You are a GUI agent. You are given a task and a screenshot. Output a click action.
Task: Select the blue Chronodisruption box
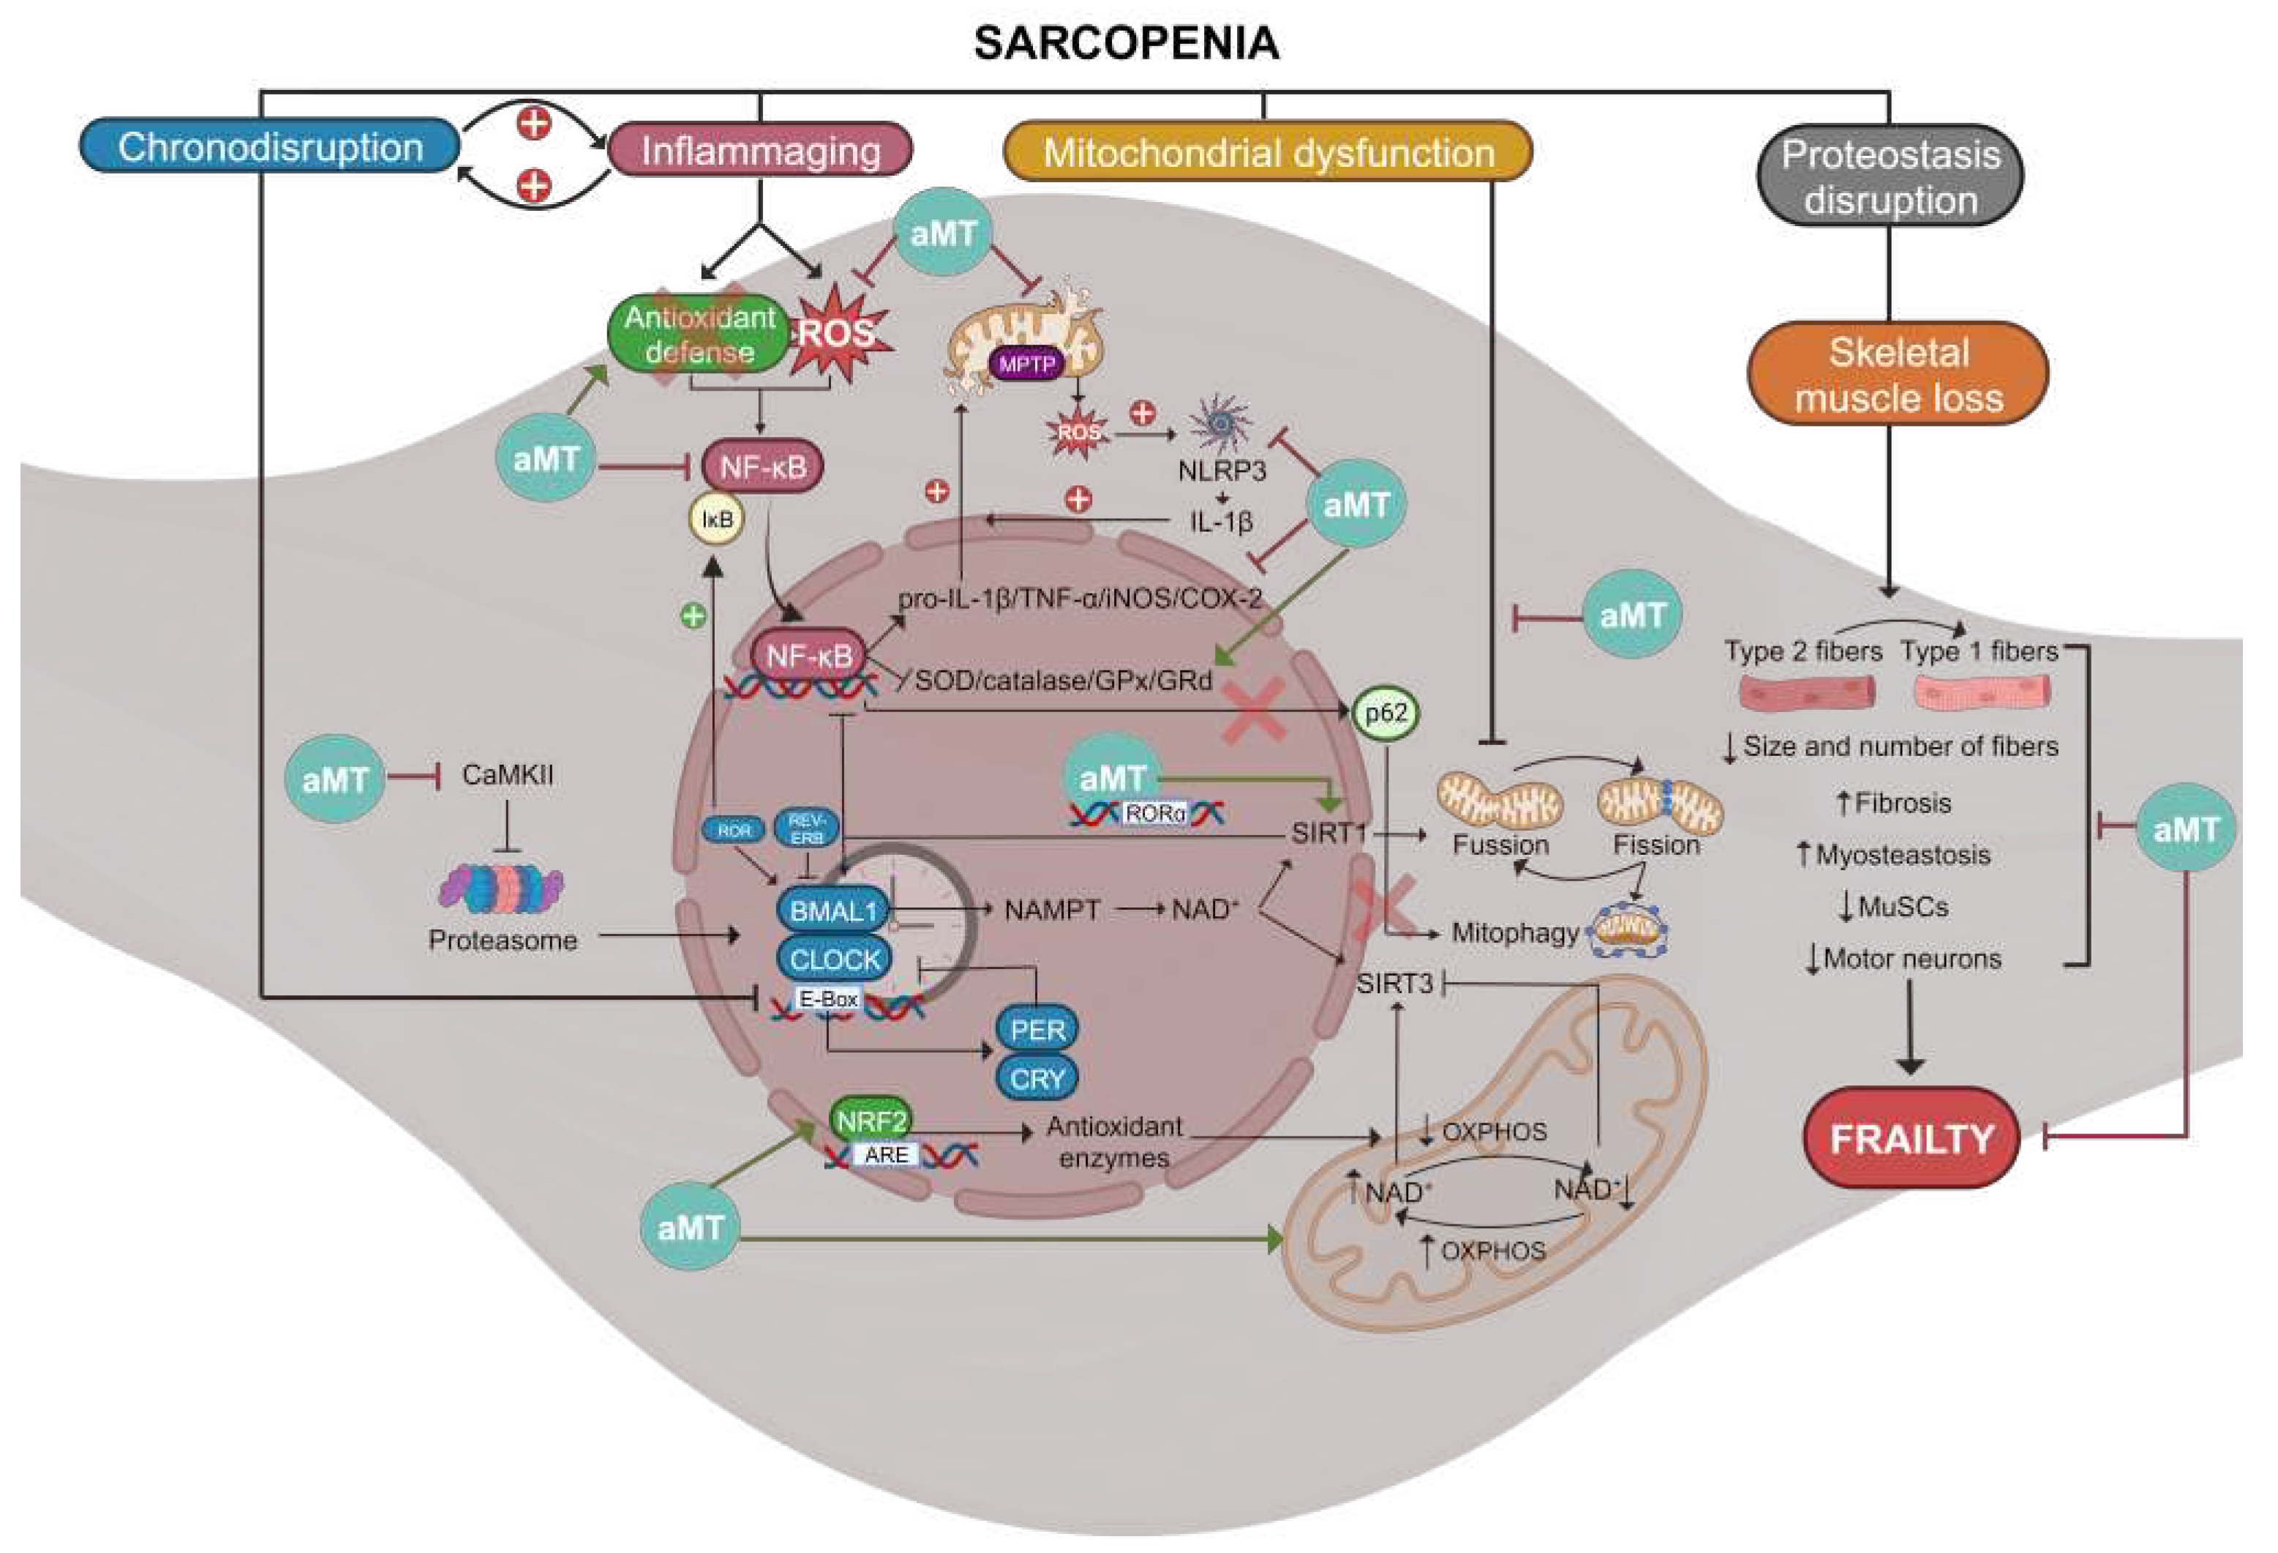click(269, 147)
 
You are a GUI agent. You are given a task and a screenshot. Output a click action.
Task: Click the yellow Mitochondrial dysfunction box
click(1268, 153)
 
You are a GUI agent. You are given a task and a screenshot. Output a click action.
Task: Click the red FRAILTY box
click(1911, 1138)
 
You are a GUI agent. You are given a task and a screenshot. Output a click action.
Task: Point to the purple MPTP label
click(1026, 364)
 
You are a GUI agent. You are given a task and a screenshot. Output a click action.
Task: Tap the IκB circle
click(718, 519)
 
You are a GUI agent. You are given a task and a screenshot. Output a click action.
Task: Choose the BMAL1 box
click(832, 911)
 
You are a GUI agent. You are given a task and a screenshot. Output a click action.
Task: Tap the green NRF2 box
click(871, 1120)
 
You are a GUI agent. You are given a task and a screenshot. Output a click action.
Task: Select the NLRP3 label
click(1222, 471)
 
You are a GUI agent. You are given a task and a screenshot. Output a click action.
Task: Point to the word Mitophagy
click(1514, 932)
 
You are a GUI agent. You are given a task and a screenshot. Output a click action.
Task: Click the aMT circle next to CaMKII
click(335, 779)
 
